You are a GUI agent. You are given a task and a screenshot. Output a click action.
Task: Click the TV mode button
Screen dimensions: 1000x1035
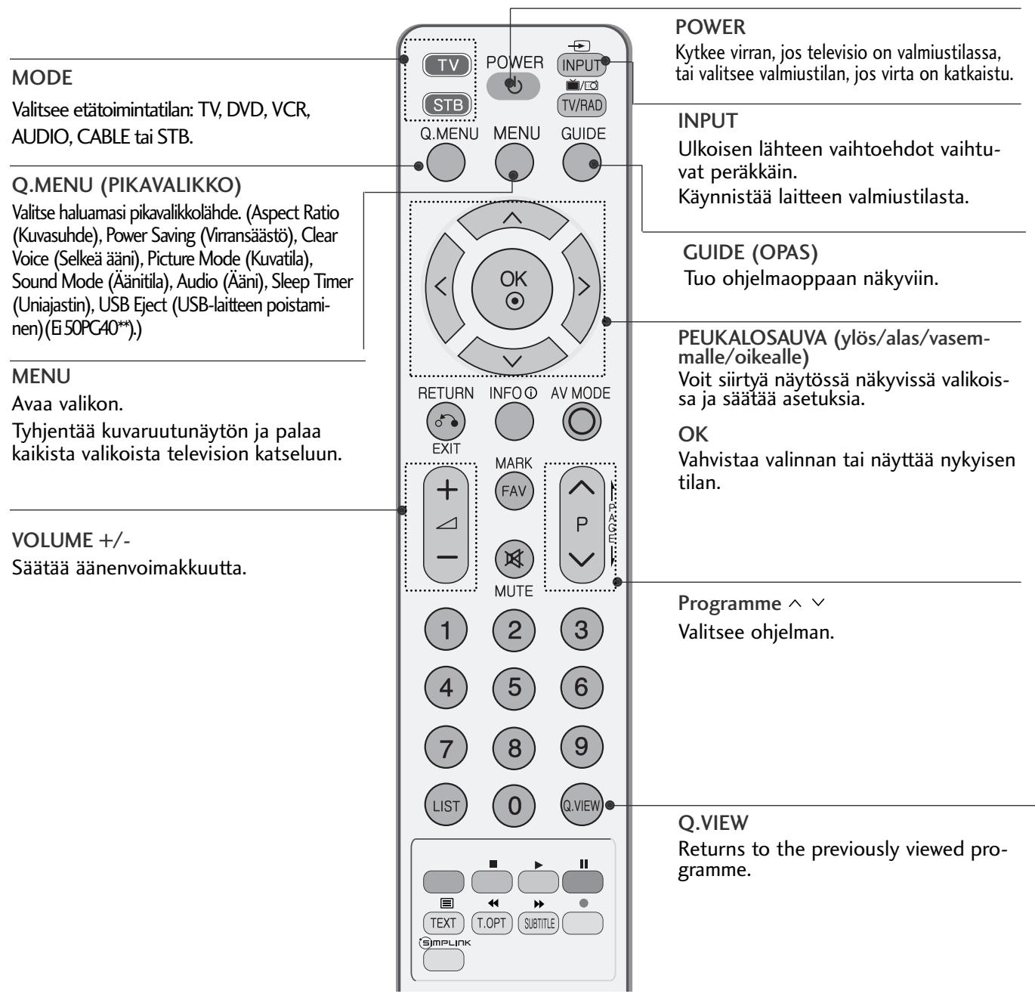(448, 65)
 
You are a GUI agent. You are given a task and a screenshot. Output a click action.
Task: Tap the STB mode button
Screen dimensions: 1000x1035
(448, 104)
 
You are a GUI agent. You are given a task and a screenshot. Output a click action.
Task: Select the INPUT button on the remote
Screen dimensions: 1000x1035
(581, 65)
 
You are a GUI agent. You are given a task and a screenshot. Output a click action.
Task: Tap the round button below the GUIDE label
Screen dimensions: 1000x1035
(582, 163)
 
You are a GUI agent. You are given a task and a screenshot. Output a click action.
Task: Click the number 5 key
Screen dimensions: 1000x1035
(514, 687)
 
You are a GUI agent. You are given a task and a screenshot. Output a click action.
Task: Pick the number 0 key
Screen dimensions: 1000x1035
(514, 806)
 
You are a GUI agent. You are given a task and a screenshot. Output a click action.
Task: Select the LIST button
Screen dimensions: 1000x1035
(446, 806)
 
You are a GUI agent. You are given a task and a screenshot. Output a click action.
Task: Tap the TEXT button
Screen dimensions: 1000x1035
(443, 922)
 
